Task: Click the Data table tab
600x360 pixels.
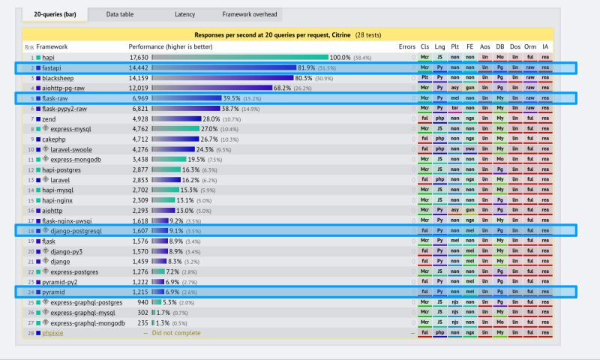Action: click(120, 14)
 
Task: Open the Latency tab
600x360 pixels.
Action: click(184, 14)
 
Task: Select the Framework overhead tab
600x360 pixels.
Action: click(250, 14)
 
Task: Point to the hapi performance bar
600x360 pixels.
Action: click(240, 57)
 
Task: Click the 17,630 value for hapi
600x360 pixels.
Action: click(139, 57)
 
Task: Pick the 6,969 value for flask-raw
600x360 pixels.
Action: click(140, 98)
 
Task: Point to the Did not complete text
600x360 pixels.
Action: click(176, 332)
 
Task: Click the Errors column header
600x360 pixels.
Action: click(406, 46)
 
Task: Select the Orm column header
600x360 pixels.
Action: click(530, 46)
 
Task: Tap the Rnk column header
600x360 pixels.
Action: click(29, 46)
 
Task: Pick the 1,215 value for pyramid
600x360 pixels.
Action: click(140, 292)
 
